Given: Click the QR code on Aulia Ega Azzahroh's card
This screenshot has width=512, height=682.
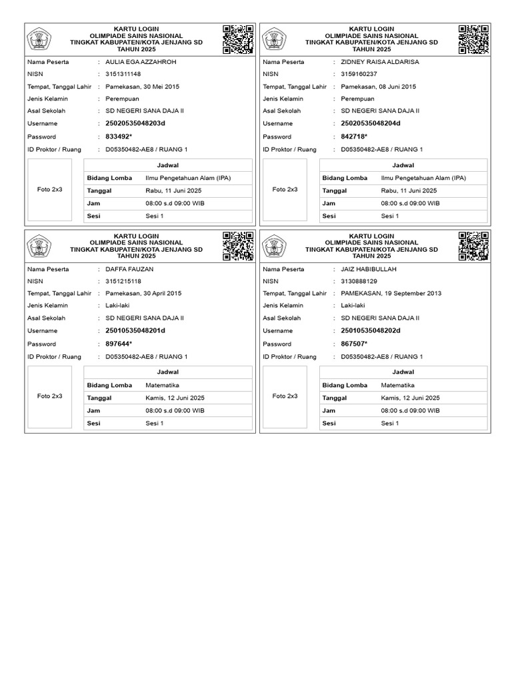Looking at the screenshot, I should point(238,39).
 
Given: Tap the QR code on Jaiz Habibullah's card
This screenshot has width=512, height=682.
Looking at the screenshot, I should point(473,246).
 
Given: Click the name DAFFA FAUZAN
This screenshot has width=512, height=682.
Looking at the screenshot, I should point(129,269).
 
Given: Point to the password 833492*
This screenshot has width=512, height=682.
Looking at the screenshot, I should point(119,137).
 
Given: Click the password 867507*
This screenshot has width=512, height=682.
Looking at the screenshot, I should point(354,344).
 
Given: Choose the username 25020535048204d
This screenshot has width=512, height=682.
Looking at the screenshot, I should point(371,124).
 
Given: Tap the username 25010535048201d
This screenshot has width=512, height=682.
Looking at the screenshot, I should point(135,331).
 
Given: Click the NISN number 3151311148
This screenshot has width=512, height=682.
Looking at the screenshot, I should point(123,74).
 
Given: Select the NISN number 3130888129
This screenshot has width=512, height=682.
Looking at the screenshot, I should point(359,281).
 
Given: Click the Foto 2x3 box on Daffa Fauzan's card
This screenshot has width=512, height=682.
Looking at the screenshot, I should point(49,396).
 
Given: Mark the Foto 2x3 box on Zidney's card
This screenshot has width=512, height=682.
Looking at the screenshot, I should point(285,189).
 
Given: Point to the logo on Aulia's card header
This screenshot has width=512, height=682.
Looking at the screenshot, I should point(39,40).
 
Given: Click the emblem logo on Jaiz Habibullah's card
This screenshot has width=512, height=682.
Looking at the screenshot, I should point(275,246).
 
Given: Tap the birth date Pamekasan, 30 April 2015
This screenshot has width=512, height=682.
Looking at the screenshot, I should point(143,294).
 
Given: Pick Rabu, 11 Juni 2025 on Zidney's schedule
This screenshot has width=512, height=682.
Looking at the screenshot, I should point(409,190).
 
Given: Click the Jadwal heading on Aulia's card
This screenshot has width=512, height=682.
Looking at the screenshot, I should point(168,165).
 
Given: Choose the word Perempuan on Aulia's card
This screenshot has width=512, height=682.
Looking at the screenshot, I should point(123,99).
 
